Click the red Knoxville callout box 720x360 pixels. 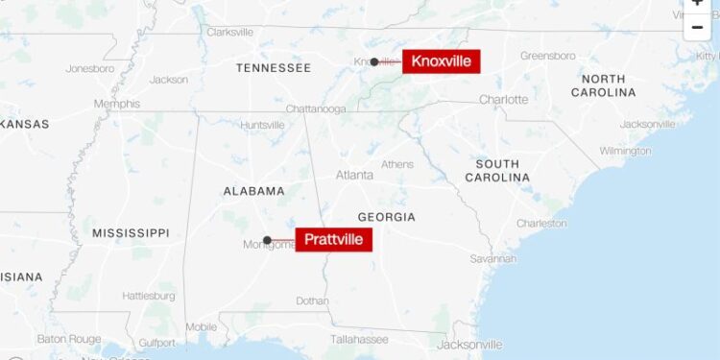(441, 61)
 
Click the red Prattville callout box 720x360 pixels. (333, 239)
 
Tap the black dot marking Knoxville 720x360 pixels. (374, 61)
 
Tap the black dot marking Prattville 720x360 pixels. (267, 240)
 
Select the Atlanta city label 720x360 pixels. (355, 175)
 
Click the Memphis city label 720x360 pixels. (116, 104)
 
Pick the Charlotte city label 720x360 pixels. (503, 100)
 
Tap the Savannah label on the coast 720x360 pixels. (492, 259)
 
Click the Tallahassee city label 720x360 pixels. (359, 339)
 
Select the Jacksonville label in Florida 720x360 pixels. (469, 345)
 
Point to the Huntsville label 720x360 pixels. (262, 125)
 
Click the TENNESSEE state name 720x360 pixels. (274, 68)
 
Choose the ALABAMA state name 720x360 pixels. (254, 191)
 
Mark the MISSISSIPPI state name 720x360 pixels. (131, 233)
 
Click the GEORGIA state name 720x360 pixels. (386, 217)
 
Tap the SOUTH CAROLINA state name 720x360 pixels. (497, 171)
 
